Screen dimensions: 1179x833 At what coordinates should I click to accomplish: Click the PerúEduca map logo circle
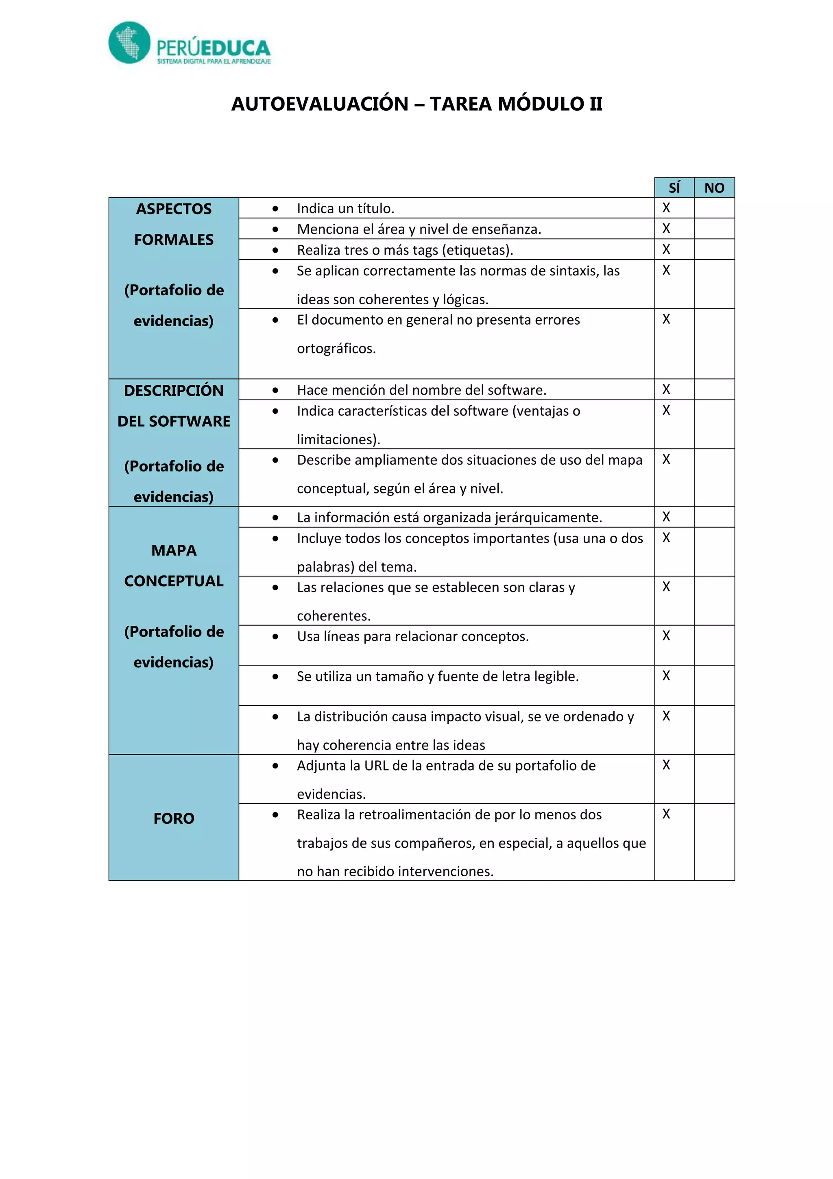[129, 43]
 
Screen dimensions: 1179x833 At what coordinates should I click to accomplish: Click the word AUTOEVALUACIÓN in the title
[319, 104]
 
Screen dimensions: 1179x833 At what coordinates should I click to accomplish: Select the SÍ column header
[674, 188]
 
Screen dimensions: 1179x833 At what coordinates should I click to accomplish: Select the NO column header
[714, 188]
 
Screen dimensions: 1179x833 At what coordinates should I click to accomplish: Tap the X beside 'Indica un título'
[666, 208]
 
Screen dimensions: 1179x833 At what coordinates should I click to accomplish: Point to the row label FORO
[174, 818]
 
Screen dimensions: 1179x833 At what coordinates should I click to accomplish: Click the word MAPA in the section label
[174, 550]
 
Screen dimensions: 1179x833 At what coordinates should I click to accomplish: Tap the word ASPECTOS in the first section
[174, 209]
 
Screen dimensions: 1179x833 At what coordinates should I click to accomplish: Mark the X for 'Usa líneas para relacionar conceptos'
[666, 636]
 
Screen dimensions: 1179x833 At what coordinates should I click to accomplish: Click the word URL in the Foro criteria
[376, 766]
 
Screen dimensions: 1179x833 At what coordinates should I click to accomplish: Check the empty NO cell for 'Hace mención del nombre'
[714, 390]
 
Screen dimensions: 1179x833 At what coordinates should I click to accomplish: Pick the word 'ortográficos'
[336, 349]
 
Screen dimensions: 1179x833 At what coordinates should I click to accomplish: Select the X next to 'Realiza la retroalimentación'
[666, 814]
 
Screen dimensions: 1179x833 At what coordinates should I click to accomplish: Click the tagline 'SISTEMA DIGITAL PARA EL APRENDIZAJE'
[214, 61]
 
